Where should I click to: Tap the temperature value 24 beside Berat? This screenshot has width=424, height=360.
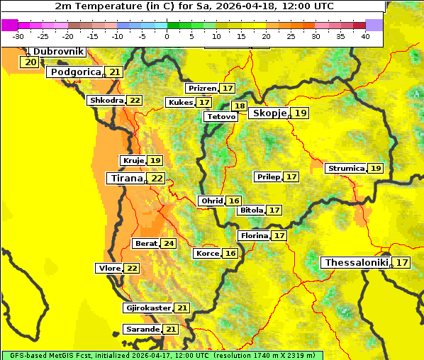(168, 244)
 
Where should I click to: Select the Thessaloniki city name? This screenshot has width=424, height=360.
(356, 263)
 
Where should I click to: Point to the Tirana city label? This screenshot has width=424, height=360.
(126, 179)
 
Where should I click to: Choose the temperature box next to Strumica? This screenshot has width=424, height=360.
(375, 169)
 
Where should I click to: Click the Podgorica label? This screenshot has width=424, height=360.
(75, 72)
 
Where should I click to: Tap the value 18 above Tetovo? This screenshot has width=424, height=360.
(240, 106)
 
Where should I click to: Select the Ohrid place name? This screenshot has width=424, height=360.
(211, 201)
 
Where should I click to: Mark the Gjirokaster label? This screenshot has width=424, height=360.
(147, 308)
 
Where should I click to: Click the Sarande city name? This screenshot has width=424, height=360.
(142, 330)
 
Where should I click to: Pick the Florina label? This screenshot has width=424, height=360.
(254, 235)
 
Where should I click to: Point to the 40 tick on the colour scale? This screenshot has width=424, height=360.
(365, 36)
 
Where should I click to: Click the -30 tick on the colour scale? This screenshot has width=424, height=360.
(18, 36)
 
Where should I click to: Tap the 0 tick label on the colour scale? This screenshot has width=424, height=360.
(167, 36)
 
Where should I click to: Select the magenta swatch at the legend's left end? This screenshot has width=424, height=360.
(10, 25)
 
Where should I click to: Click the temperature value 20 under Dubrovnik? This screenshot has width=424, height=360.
(30, 62)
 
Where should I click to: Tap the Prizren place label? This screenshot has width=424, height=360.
(202, 89)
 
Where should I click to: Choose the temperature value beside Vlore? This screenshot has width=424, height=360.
(132, 269)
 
